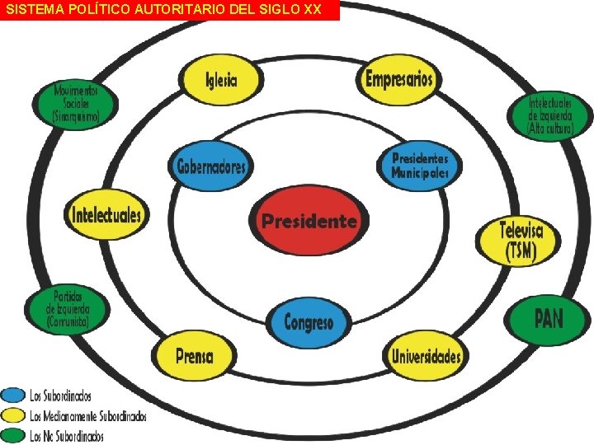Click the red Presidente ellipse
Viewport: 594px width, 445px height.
point(309,221)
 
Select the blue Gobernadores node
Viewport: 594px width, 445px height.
point(211,167)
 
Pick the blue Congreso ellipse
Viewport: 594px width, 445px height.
point(309,321)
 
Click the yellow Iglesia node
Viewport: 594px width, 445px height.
point(221,80)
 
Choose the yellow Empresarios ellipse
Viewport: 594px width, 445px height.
point(398,80)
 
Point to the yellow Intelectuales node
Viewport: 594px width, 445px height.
point(107,216)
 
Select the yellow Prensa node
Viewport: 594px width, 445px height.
point(195,356)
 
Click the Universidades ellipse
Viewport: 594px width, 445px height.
point(426,356)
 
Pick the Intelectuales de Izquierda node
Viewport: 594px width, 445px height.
point(549,117)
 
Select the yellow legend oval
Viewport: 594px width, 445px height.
point(13,415)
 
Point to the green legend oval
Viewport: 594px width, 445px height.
point(13,434)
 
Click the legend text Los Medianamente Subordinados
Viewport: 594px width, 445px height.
point(87,416)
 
